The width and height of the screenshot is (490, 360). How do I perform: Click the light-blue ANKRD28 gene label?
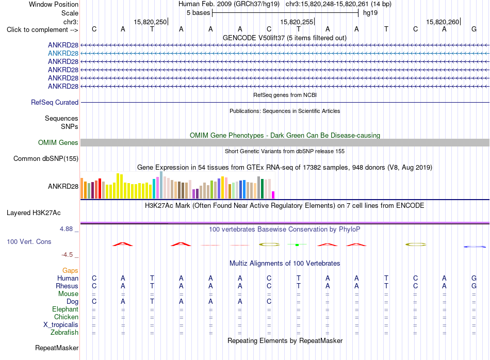pos(63,54)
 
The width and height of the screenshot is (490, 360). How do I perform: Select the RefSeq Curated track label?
pos(55,103)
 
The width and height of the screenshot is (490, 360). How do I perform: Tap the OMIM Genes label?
pos(58,143)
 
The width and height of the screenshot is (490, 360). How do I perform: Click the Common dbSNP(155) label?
pos(46,159)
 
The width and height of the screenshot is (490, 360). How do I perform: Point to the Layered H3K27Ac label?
pos(34,213)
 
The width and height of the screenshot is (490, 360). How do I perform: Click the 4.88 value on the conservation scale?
pos(66,229)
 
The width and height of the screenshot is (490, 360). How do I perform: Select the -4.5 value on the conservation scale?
pos(67,255)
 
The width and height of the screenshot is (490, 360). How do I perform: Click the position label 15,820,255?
pos(297,22)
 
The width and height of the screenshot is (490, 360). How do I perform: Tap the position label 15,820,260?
pos(443,22)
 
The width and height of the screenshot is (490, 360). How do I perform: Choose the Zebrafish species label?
pos(64,333)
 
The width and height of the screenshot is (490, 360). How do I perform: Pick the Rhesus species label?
pos(67,286)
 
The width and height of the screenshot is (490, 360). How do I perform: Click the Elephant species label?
pos(66,309)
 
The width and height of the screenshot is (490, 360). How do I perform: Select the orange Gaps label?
pos(70,271)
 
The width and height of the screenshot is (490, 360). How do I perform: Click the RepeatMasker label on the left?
pos(57,348)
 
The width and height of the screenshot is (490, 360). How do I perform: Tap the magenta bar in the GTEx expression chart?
pos(273,195)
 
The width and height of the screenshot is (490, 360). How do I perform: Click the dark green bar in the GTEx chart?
pos(262,189)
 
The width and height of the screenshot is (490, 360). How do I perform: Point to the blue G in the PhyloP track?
pos(475,247)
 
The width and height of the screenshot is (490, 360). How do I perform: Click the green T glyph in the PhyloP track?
pos(297,244)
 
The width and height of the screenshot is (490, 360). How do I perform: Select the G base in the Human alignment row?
pos(474,278)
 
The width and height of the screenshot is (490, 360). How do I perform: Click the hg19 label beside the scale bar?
pos(370,13)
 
